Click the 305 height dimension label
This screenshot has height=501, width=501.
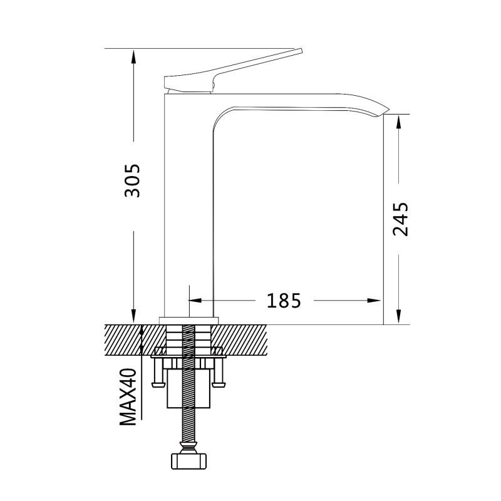(x=132, y=180)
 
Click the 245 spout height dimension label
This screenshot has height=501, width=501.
(x=401, y=219)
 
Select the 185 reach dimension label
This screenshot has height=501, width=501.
(x=284, y=301)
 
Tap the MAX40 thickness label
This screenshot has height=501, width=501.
(x=128, y=397)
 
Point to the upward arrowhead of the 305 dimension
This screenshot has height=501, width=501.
(x=133, y=56)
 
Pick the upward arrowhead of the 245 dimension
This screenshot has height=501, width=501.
(x=398, y=121)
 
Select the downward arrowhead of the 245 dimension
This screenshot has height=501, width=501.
(x=398, y=317)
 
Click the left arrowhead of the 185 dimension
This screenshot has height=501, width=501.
(x=195, y=301)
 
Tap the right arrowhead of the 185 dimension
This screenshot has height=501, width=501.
(x=374, y=301)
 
